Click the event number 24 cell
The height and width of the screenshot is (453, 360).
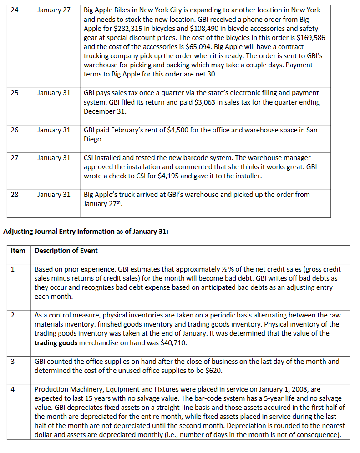[15, 10]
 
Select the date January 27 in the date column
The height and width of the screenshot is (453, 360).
[54, 10]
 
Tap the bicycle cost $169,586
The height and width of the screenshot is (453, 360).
[310, 37]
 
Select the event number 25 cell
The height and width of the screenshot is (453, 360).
[15, 93]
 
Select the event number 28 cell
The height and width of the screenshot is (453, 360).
[15, 195]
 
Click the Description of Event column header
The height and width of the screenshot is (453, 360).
[66, 251]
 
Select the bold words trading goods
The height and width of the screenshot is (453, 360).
[56, 342]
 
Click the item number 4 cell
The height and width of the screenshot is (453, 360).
[13, 389]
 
